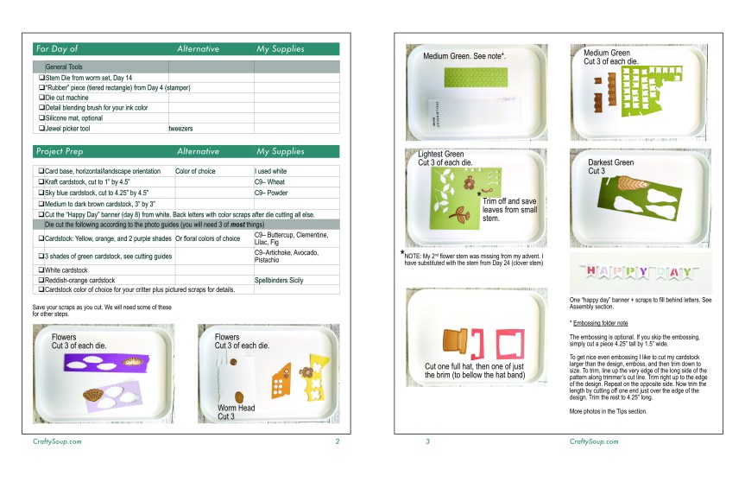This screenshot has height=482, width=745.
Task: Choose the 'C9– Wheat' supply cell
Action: pos(270,181)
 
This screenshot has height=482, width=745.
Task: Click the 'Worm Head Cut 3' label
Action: pos(235,411)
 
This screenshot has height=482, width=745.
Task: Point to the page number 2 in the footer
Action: pos(337,441)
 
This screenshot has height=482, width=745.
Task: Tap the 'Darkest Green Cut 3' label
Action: pos(610,166)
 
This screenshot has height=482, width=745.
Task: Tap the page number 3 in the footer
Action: pos(426,441)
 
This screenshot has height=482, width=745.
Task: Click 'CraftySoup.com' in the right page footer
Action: pos(595,441)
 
